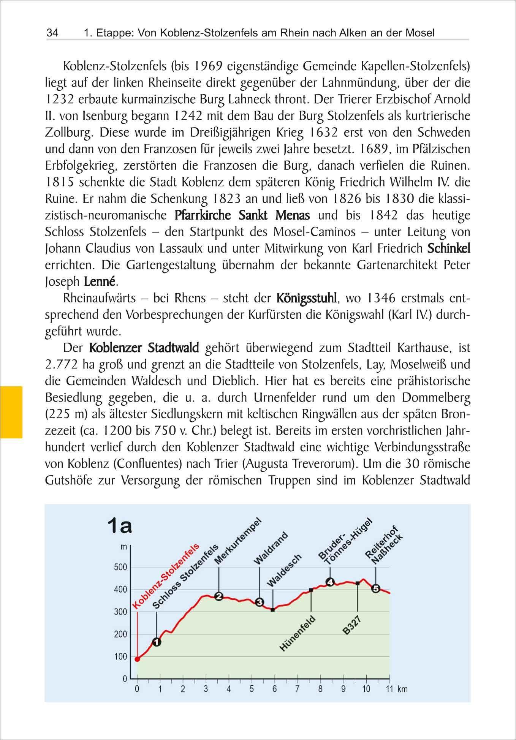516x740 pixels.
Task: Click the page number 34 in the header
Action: (52, 33)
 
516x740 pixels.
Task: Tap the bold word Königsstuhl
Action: (306, 298)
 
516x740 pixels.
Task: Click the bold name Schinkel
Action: (449, 248)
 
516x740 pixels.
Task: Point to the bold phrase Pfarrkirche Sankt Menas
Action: (242, 215)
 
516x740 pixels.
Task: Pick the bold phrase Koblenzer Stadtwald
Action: (144, 348)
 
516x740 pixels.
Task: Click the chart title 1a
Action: (120, 526)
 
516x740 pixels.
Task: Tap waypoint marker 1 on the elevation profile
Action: (157, 642)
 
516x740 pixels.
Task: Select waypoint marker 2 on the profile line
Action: (219, 596)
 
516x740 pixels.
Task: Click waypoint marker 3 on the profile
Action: (260, 602)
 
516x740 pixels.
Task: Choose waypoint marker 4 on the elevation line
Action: (330, 582)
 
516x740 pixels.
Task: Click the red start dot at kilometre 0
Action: (137, 659)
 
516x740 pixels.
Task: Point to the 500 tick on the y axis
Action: (120, 567)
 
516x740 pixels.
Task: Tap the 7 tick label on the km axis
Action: (298, 689)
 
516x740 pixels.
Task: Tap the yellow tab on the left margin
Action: (11, 412)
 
